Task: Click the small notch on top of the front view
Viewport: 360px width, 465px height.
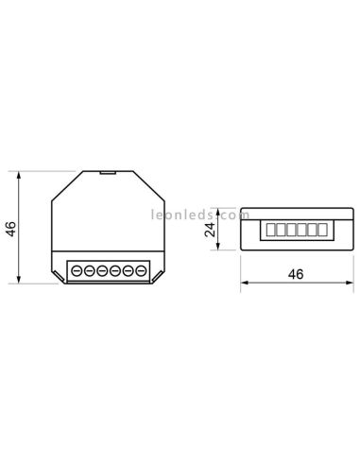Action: pyautogui.click(x=107, y=172)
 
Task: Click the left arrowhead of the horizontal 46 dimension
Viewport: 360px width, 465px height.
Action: pyautogui.click(x=244, y=283)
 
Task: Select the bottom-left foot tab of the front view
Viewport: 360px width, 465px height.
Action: pyautogui.click(x=57, y=277)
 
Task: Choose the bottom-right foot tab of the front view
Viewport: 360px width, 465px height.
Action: pyautogui.click(x=159, y=277)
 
